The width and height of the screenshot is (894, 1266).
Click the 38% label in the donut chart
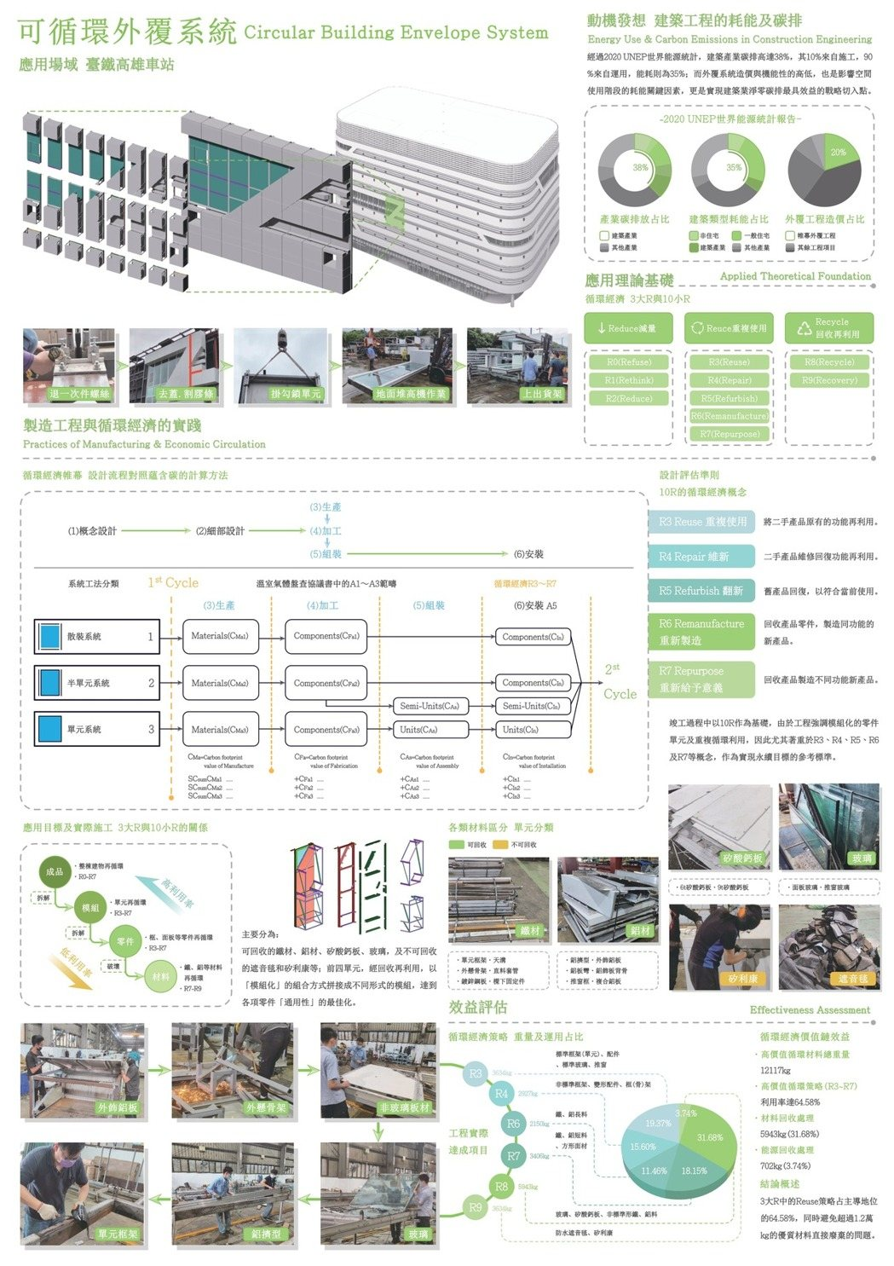pos(640,168)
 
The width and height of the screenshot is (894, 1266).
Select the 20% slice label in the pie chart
pos(839,153)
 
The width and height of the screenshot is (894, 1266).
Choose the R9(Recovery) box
pos(829,380)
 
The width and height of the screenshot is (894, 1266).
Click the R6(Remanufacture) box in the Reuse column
pos(729,416)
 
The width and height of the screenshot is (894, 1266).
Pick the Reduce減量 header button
pos(628,328)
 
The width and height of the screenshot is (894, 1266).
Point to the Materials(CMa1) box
pos(220,636)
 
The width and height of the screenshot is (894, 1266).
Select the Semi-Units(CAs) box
pos(430,706)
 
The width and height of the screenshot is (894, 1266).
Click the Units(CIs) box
pos(532,730)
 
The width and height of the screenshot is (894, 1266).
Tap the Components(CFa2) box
pos(326,683)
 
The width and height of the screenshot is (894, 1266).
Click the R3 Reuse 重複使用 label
pos(702,522)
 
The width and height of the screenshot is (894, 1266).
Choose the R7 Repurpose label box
pos(702,679)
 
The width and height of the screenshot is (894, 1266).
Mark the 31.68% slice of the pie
pos(709,1137)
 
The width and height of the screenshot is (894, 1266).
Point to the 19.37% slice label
pos(658,1124)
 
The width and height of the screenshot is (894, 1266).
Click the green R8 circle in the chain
pos(501,1186)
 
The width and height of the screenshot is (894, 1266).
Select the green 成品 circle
pos(55,871)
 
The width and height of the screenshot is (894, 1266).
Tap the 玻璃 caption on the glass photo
pos(862,858)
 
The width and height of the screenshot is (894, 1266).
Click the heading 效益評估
pos(478,1007)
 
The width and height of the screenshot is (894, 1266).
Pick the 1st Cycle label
pos(173,582)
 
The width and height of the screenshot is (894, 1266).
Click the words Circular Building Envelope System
pos(395,33)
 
